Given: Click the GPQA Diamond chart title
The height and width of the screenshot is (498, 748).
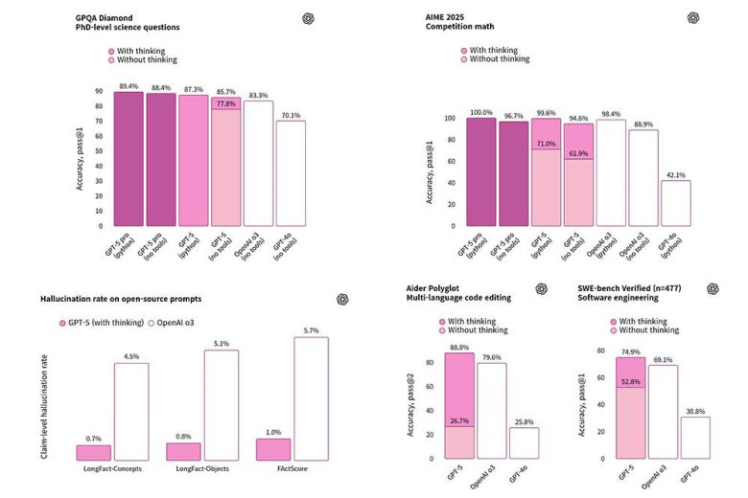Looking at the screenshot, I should click(111, 17).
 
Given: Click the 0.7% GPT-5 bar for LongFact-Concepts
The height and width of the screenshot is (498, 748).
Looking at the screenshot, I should click(93, 452).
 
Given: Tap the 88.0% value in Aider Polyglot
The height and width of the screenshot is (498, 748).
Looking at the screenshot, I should click(458, 347).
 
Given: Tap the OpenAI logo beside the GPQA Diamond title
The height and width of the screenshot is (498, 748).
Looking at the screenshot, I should click(334, 17).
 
